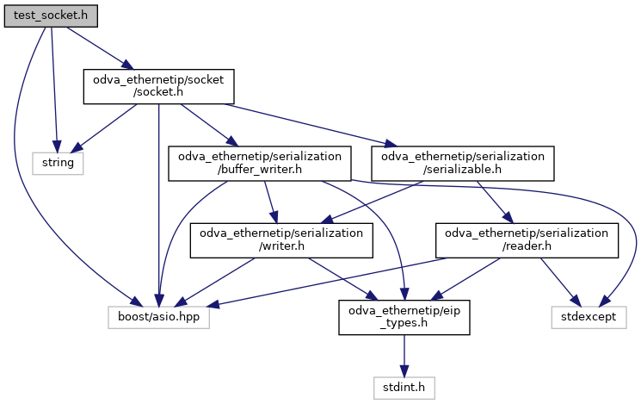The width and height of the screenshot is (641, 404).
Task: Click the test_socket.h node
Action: [50, 16]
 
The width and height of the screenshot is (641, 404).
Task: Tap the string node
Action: [58, 162]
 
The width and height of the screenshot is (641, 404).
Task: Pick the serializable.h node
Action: [462, 163]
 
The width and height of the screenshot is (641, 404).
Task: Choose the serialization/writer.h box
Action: [281, 240]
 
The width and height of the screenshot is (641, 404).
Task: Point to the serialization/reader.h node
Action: [527, 240]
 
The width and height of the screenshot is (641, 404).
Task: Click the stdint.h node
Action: [404, 388]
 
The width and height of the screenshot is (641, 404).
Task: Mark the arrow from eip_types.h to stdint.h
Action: [404, 356]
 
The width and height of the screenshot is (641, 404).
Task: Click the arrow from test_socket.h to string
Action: [54, 86]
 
